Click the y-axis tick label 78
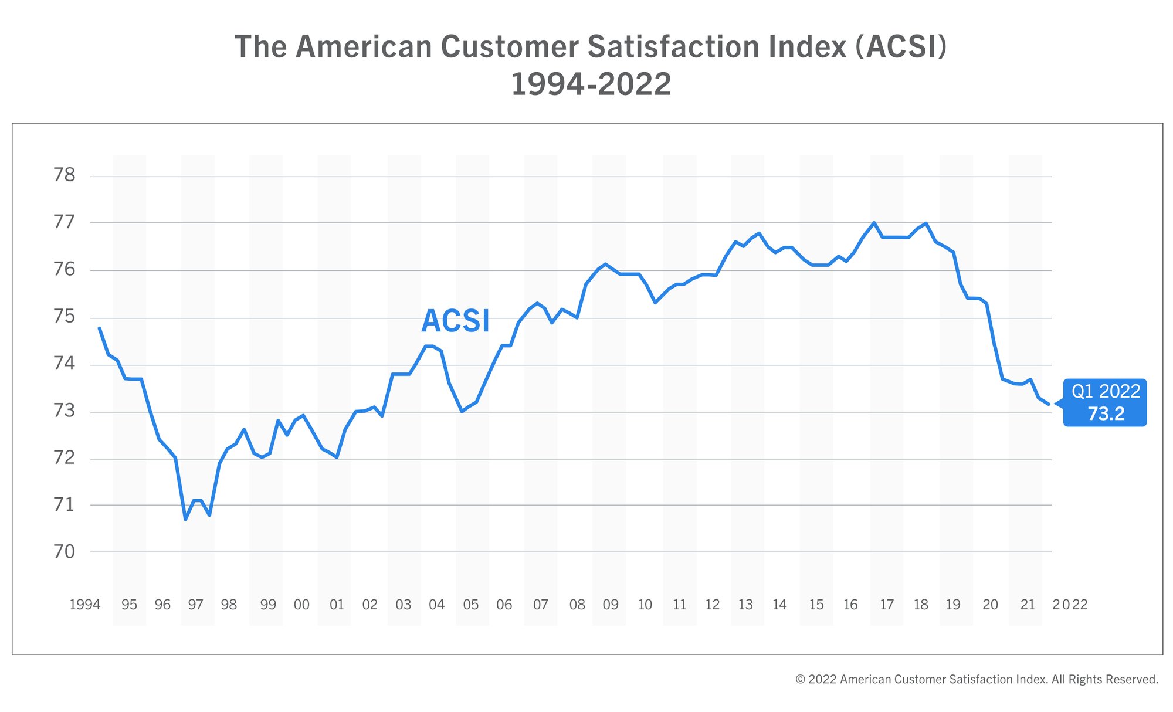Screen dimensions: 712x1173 coord(65,175)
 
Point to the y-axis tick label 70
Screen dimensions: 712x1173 coord(65,552)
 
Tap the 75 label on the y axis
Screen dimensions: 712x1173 coord(65,317)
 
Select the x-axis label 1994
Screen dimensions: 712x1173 coord(85,605)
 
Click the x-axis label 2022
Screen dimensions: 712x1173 coord(1070,605)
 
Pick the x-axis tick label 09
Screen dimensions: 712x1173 coord(611,605)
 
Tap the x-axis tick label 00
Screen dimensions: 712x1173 coord(301,605)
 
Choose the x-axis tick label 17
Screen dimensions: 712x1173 coord(887,605)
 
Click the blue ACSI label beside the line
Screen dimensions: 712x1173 coord(455,321)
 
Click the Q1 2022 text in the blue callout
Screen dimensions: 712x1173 coord(1106,391)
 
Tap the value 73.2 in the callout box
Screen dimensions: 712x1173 coord(1106,413)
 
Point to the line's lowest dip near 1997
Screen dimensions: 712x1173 coord(185,519)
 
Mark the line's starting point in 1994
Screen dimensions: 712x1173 coord(99,328)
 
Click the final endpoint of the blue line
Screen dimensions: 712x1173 coord(1049,404)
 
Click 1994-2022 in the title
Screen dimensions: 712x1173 coord(591,84)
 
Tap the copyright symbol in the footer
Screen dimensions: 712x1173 coord(800,679)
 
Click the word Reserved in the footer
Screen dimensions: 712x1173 coord(1134,679)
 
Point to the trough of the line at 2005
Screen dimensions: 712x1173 coord(462,411)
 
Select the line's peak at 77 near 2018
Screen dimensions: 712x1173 coord(925,223)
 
